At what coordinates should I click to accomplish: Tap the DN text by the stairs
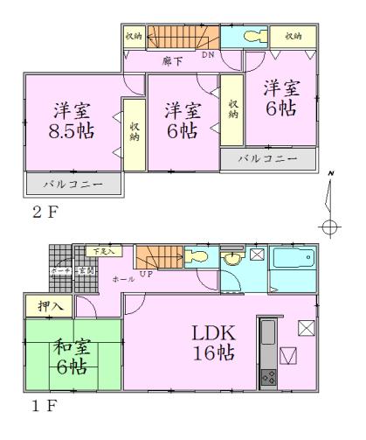pos(207,54)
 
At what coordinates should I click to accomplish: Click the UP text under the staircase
pos(145,275)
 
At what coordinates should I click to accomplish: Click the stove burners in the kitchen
pos(268,379)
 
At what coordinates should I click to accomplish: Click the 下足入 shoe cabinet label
pos(104,252)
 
